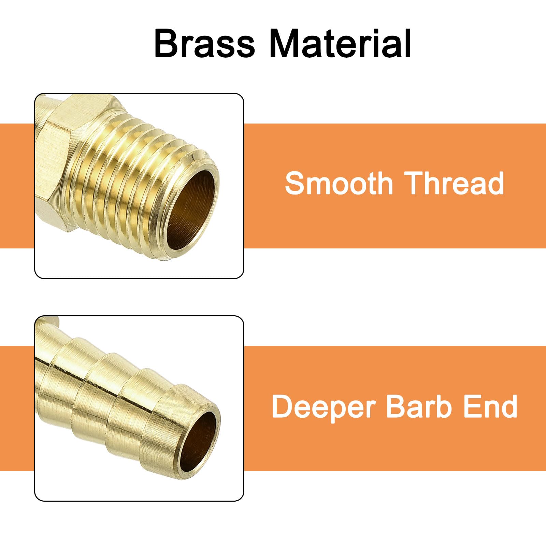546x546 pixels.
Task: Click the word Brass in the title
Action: pyautogui.click(x=204, y=44)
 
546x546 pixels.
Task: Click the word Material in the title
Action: pyautogui.click(x=340, y=44)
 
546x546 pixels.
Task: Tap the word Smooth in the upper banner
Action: pyautogui.click(x=339, y=183)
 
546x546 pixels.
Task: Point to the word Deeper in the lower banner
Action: pyautogui.click(x=323, y=407)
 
